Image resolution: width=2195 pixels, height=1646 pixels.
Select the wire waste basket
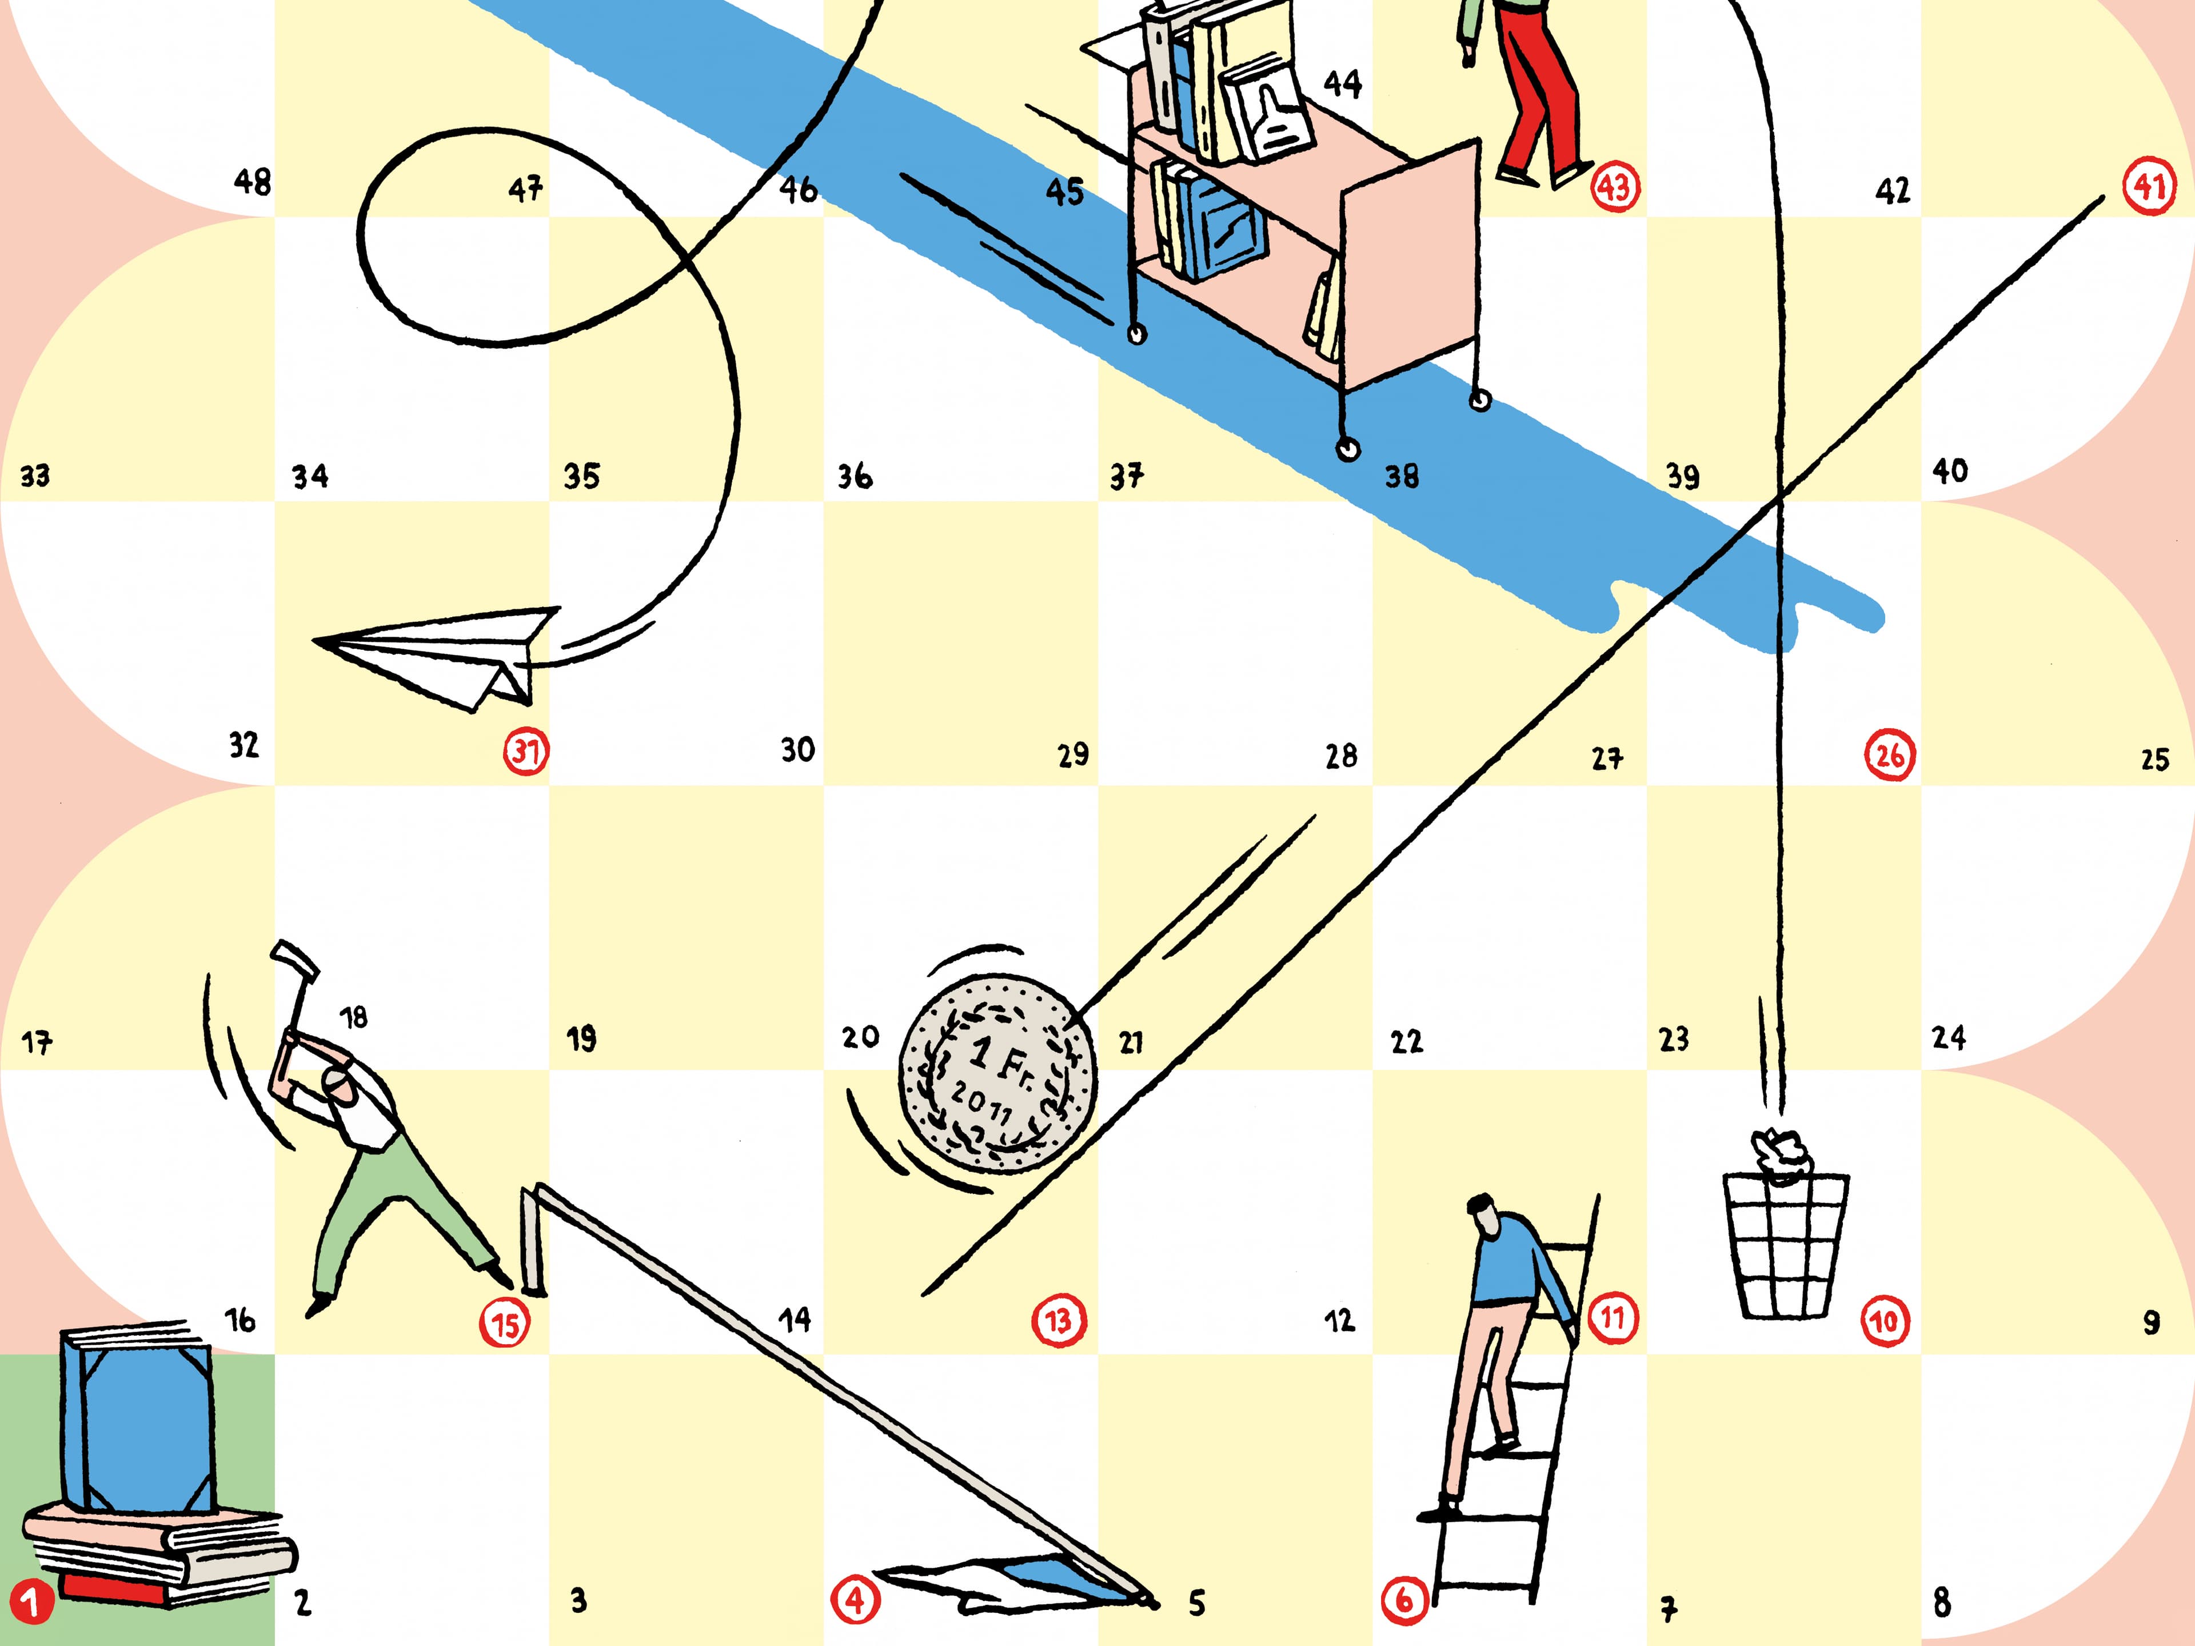pos(1785,1245)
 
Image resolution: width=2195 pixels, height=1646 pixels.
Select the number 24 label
pos(1948,1038)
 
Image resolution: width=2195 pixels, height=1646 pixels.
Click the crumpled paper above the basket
pos(1780,1154)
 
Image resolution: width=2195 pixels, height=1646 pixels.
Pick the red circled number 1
pos(31,1603)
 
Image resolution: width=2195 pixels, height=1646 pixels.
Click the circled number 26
pos(1889,756)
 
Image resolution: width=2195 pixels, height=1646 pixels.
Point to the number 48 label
pos(252,182)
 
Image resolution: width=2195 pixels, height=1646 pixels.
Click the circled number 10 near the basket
pos(1883,1321)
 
